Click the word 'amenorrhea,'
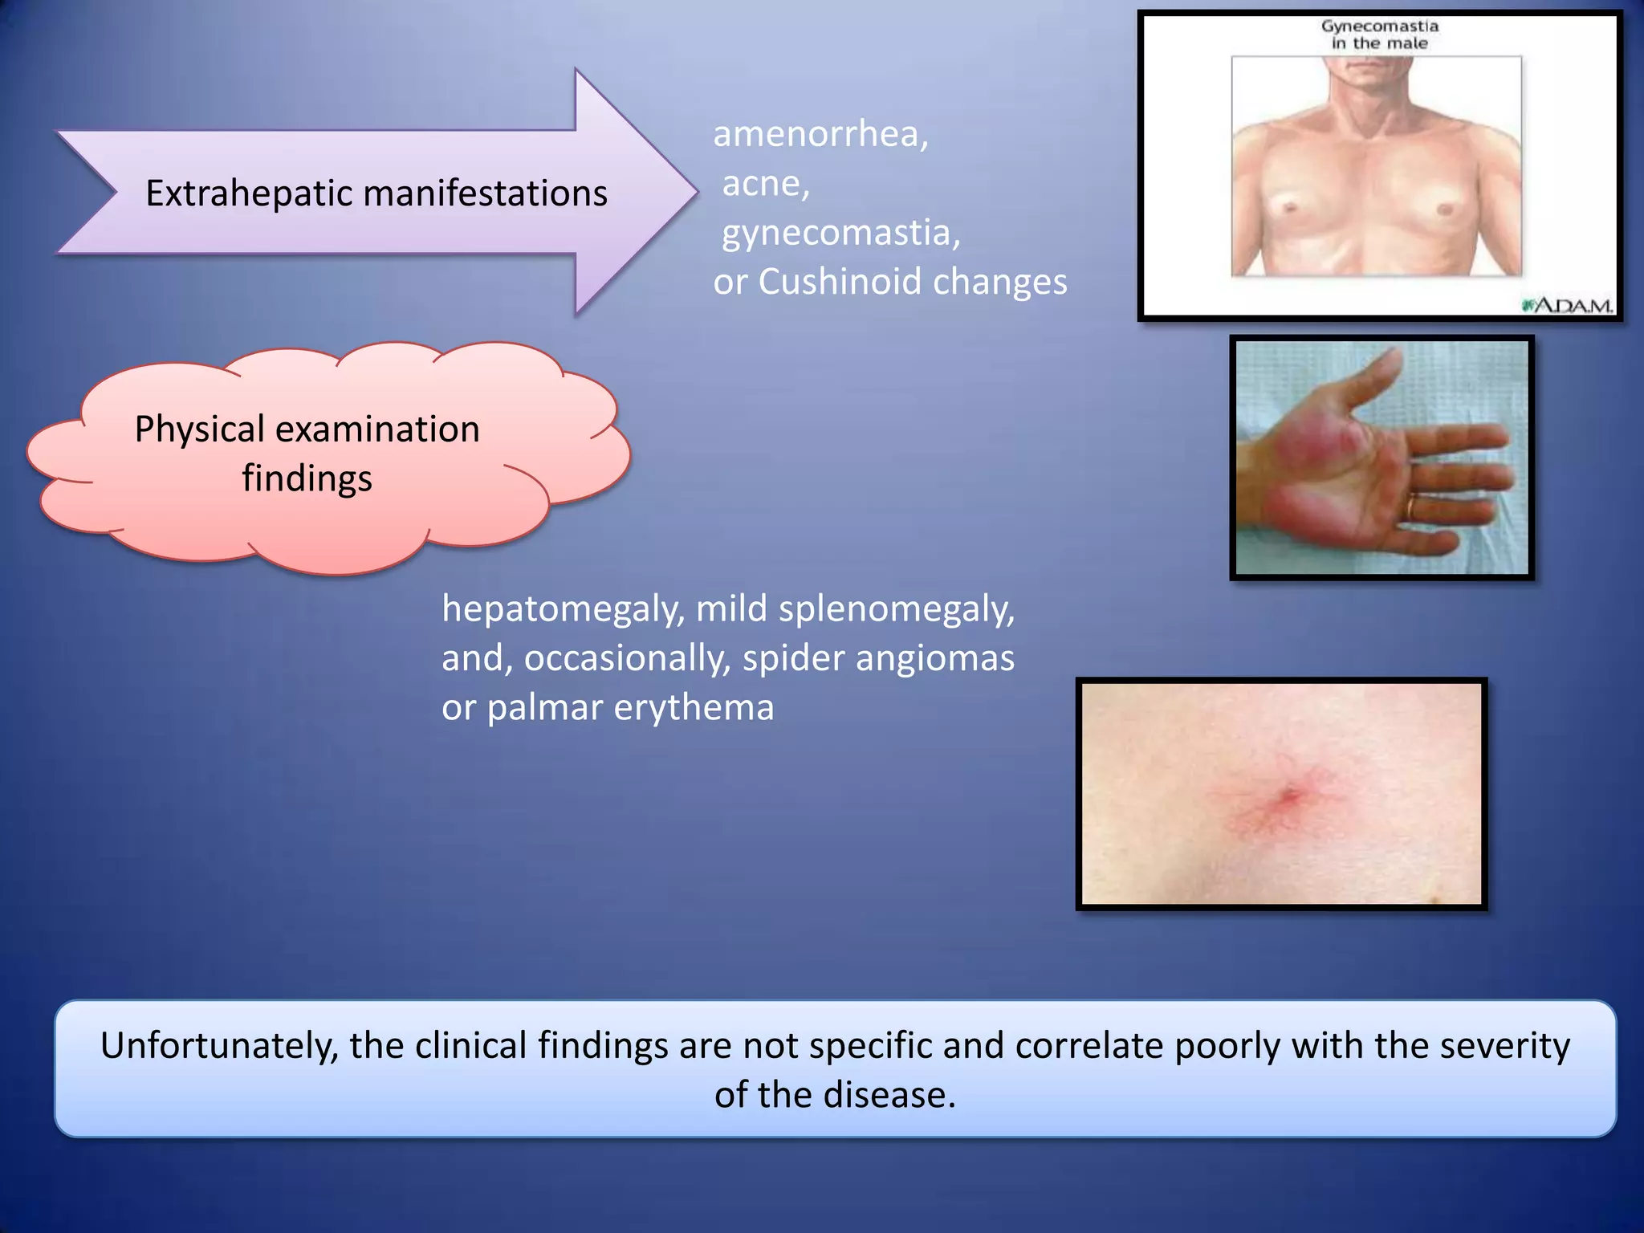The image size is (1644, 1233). [x=820, y=134]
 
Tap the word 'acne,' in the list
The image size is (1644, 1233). [x=766, y=184]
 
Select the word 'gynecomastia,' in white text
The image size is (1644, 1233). [x=840, y=233]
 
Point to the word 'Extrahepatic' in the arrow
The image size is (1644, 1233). [x=249, y=193]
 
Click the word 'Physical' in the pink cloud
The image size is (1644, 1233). [x=199, y=429]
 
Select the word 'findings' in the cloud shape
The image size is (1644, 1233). [x=307, y=478]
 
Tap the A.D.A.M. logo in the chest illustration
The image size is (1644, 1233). [x=1567, y=306]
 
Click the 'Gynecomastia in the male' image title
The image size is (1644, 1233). [x=1379, y=35]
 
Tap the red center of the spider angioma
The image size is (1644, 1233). [x=1290, y=797]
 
